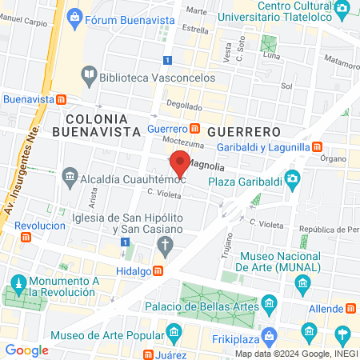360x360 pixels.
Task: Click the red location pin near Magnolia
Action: coord(182,163)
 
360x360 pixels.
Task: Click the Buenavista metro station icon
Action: coord(60,99)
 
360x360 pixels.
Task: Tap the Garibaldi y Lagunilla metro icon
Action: coord(318,146)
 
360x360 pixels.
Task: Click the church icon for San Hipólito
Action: coord(165,245)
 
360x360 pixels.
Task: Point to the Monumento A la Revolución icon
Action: coord(18,284)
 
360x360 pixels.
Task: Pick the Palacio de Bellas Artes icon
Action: coord(269,303)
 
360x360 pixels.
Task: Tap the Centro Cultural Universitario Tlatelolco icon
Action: coord(342,10)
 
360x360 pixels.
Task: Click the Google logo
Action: coord(26,350)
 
